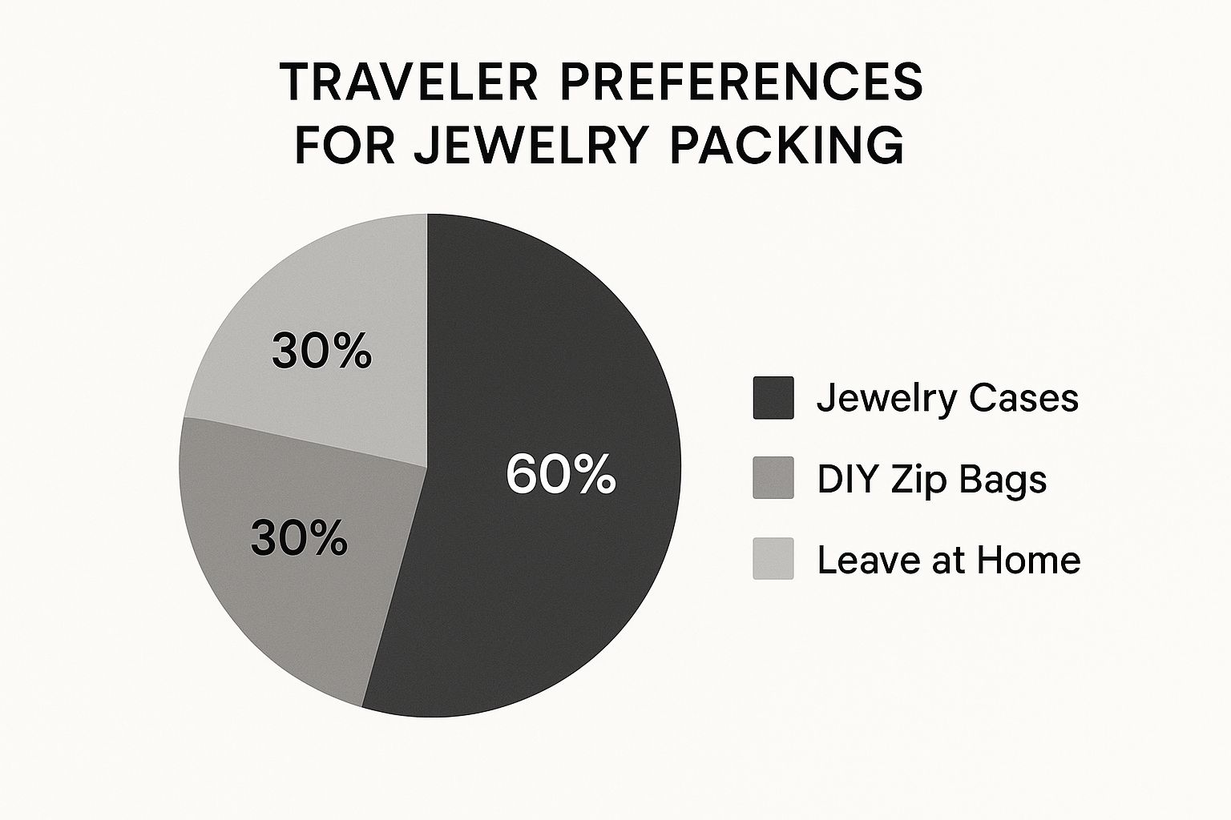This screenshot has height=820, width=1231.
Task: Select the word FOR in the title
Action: [x=345, y=145]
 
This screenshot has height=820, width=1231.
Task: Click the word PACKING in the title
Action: [x=787, y=145]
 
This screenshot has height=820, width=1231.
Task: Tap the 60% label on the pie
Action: [x=560, y=473]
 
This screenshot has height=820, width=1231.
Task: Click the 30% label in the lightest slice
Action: [x=321, y=352]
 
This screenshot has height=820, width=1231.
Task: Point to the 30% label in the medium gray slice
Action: [x=299, y=538]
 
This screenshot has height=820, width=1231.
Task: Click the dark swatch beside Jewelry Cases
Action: [x=773, y=398]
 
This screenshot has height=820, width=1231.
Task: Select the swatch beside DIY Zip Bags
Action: [x=773, y=477]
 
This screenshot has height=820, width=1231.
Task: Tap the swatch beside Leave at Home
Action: [x=773, y=559]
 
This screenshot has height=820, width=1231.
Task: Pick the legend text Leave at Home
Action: [x=949, y=561]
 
